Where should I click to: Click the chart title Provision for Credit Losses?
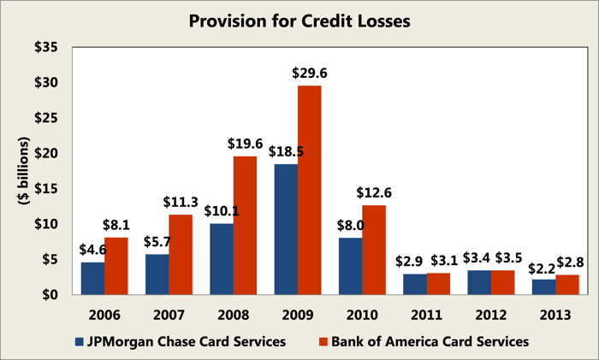[x=299, y=19]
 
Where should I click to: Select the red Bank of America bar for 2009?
[x=309, y=190]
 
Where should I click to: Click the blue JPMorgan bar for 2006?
[x=92, y=278]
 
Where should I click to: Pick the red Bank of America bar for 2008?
[x=244, y=225]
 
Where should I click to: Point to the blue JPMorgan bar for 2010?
[x=349, y=266]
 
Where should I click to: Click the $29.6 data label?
[x=310, y=73]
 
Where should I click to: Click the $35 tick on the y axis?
[x=46, y=48]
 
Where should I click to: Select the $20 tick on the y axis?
[x=46, y=154]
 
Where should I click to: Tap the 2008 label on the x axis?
[x=233, y=313]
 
